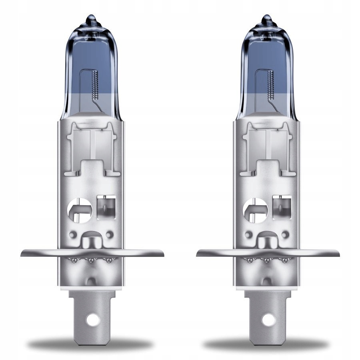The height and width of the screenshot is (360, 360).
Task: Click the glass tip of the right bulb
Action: tap(267, 20)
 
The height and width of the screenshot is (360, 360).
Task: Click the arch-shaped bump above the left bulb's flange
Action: tap(91, 242)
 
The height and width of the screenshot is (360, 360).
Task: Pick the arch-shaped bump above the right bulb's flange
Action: tap(267, 242)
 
